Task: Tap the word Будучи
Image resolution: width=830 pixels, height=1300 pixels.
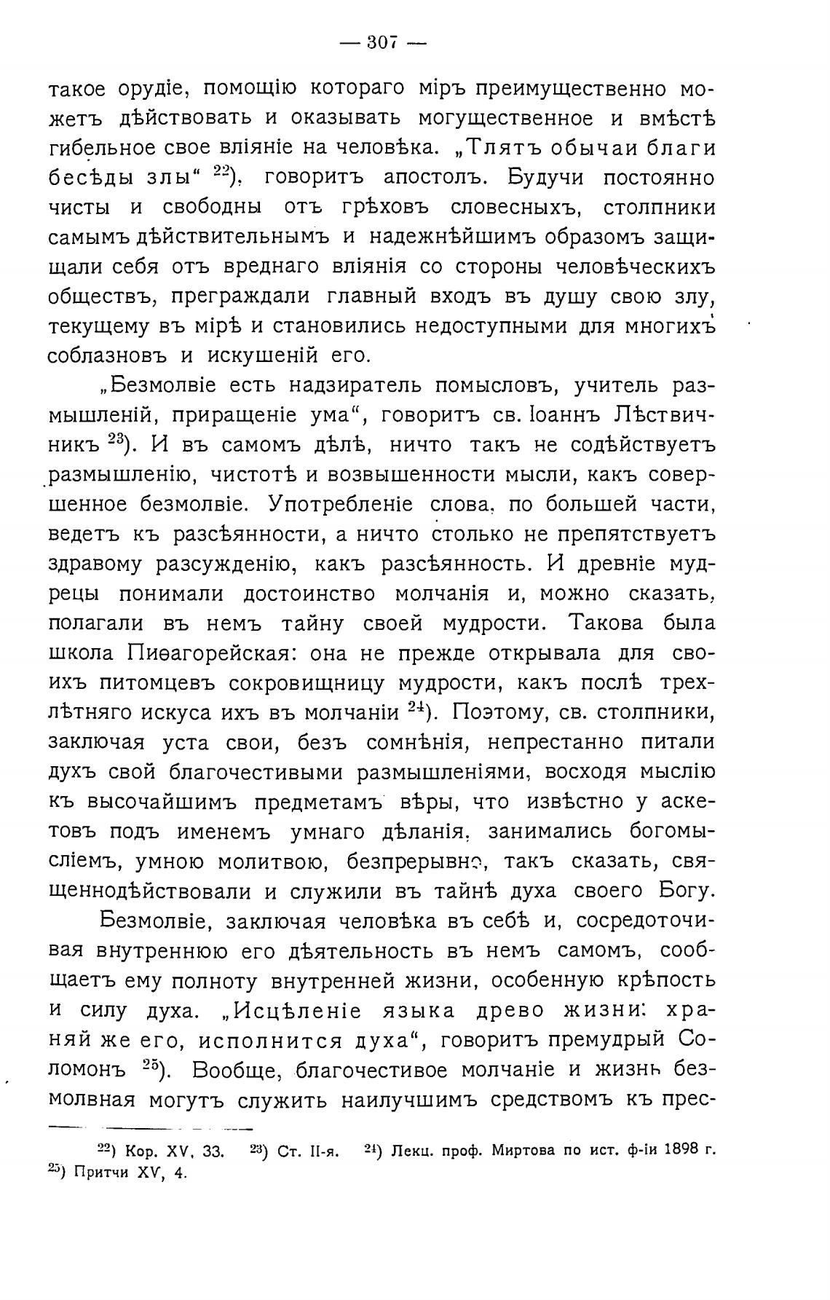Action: [x=547, y=178]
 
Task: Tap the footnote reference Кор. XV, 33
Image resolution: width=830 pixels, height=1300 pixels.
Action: [x=174, y=1151]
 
